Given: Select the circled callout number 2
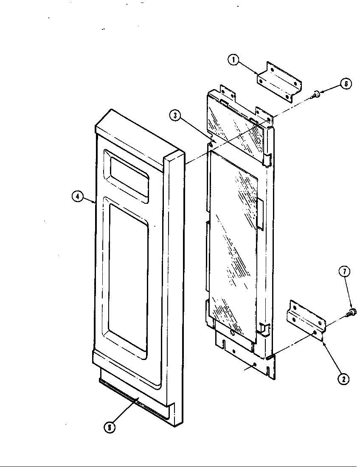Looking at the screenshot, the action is click(343, 379).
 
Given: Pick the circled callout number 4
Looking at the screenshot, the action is click(78, 197).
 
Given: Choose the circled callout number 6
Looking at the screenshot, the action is click(346, 84).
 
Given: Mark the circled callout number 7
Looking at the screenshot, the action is click(345, 271).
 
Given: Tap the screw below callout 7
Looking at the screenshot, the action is click(352, 312).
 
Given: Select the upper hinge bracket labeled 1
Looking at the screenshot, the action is click(280, 82).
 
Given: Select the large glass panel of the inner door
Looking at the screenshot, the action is click(233, 245).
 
